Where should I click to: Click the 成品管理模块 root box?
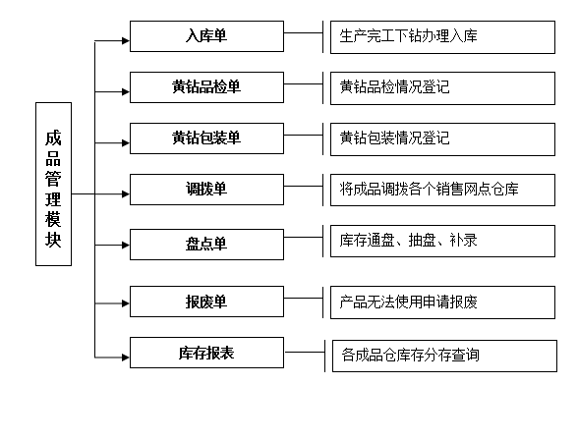tap(53, 184)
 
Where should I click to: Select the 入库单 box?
tap(206, 36)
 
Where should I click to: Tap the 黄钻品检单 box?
tap(206, 87)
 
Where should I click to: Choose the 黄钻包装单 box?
tap(206, 138)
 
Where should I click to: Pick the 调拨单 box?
tap(206, 190)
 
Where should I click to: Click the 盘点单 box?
tap(206, 245)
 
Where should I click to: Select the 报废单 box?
tap(206, 302)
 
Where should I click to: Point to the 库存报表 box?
tap(206, 353)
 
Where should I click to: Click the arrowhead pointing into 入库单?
tap(126, 40)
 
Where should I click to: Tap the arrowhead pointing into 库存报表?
tap(126, 357)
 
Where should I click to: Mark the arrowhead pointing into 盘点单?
tap(126, 245)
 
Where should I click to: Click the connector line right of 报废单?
tap(304, 298)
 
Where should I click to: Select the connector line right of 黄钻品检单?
tap(304, 83)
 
